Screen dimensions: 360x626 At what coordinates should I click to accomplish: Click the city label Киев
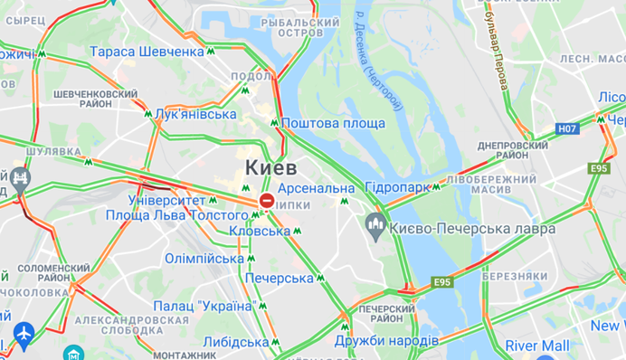tap(270, 168)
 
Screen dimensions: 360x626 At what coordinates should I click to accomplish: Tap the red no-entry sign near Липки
tap(267, 200)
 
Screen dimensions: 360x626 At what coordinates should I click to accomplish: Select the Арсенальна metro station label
tap(316, 188)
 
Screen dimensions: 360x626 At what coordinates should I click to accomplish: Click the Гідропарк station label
tap(397, 187)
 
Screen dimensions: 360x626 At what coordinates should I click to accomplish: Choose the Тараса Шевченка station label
tap(147, 52)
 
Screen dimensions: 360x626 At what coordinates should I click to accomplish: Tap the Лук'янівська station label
tap(195, 114)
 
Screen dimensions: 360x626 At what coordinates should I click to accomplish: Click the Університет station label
tap(167, 199)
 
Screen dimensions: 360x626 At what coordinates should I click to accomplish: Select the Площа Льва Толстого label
tap(176, 216)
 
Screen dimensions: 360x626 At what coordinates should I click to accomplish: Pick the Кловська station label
tap(259, 232)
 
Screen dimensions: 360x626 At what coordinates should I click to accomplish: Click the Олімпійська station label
tap(204, 258)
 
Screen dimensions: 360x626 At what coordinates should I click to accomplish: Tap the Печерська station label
tap(279, 278)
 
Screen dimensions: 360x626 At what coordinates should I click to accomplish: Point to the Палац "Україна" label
tap(204, 306)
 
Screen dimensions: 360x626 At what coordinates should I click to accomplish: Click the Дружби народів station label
tap(386, 341)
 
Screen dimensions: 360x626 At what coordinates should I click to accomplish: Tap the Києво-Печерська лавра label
tap(473, 229)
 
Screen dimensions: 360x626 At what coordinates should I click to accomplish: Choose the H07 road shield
tap(567, 129)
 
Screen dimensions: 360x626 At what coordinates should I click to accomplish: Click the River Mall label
tap(537, 346)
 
